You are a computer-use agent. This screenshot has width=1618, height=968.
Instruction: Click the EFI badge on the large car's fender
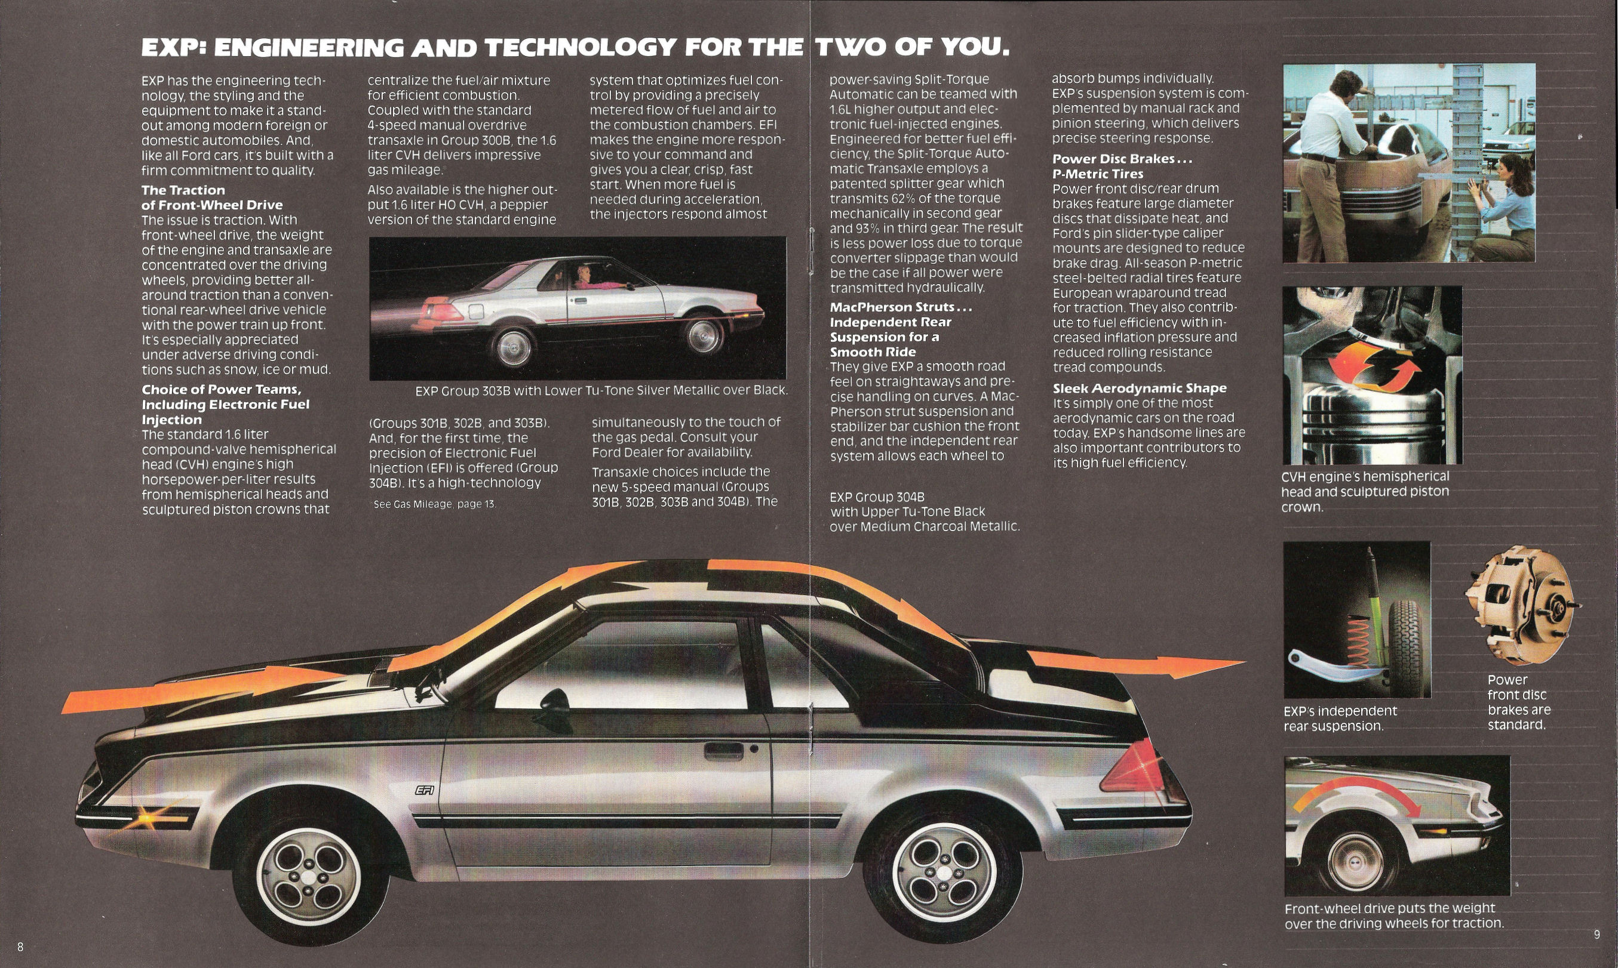[x=425, y=790]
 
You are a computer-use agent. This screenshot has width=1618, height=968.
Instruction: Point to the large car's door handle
[x=723, y=751]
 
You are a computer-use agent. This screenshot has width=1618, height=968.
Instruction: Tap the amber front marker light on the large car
[x=149, y=816]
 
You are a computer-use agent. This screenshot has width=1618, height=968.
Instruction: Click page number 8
[x=21, y=947]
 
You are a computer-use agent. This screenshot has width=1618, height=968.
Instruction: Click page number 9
[x=1596, y=935]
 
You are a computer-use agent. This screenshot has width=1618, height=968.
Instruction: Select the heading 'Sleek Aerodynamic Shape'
[x=1140, y=388]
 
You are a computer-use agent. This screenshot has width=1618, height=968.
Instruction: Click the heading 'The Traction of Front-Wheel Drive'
[x=212, y=198]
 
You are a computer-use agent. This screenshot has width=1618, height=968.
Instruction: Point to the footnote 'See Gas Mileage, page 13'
[x=435, y=504]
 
